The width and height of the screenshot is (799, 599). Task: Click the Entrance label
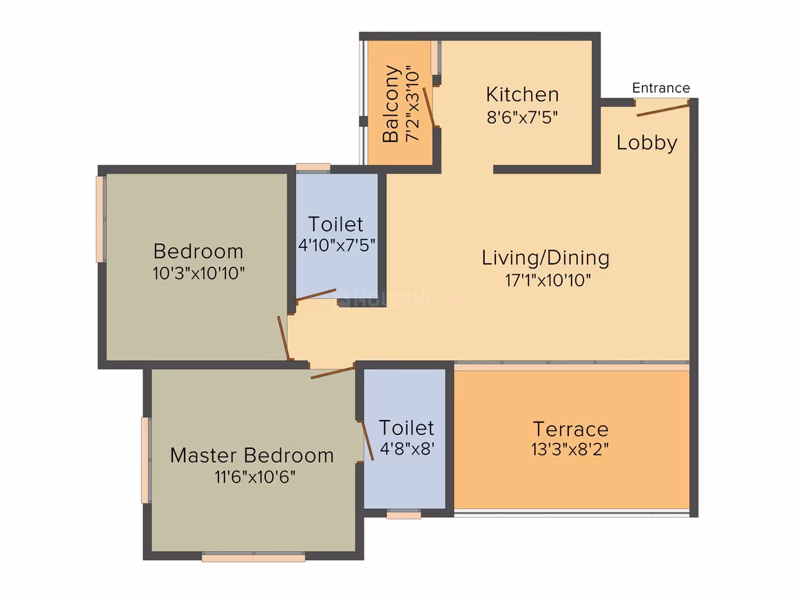point(661,88)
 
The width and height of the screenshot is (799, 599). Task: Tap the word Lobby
point(647,143)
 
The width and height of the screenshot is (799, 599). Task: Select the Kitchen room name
point(522,95)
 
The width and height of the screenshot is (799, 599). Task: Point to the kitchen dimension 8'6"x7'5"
point(522,118)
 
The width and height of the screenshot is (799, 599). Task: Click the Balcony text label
point(391,104)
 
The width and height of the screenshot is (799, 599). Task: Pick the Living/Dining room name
point(546,258)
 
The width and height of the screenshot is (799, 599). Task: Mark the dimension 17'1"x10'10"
point(548,280)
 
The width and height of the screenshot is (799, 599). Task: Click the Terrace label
point(571,430)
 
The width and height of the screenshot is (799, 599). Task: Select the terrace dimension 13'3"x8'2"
point(570,450)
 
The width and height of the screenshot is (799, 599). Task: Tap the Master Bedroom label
point(251,455)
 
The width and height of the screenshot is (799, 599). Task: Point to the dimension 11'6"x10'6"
point(255,477)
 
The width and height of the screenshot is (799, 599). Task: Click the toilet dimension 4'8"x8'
point(407,449)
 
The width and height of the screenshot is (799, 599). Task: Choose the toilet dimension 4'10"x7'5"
point(337,246)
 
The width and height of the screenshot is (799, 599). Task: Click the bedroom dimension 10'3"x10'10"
point(199,273)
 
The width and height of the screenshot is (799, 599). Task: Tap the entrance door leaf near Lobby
point(663,109)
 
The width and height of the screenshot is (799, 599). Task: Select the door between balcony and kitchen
point(429,107)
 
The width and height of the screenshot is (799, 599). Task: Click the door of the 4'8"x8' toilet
point(367,441)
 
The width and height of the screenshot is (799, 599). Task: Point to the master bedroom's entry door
point(332,372)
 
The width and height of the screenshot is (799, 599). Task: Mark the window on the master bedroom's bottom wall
point(253,557)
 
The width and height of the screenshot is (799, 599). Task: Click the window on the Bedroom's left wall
point(101,220)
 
